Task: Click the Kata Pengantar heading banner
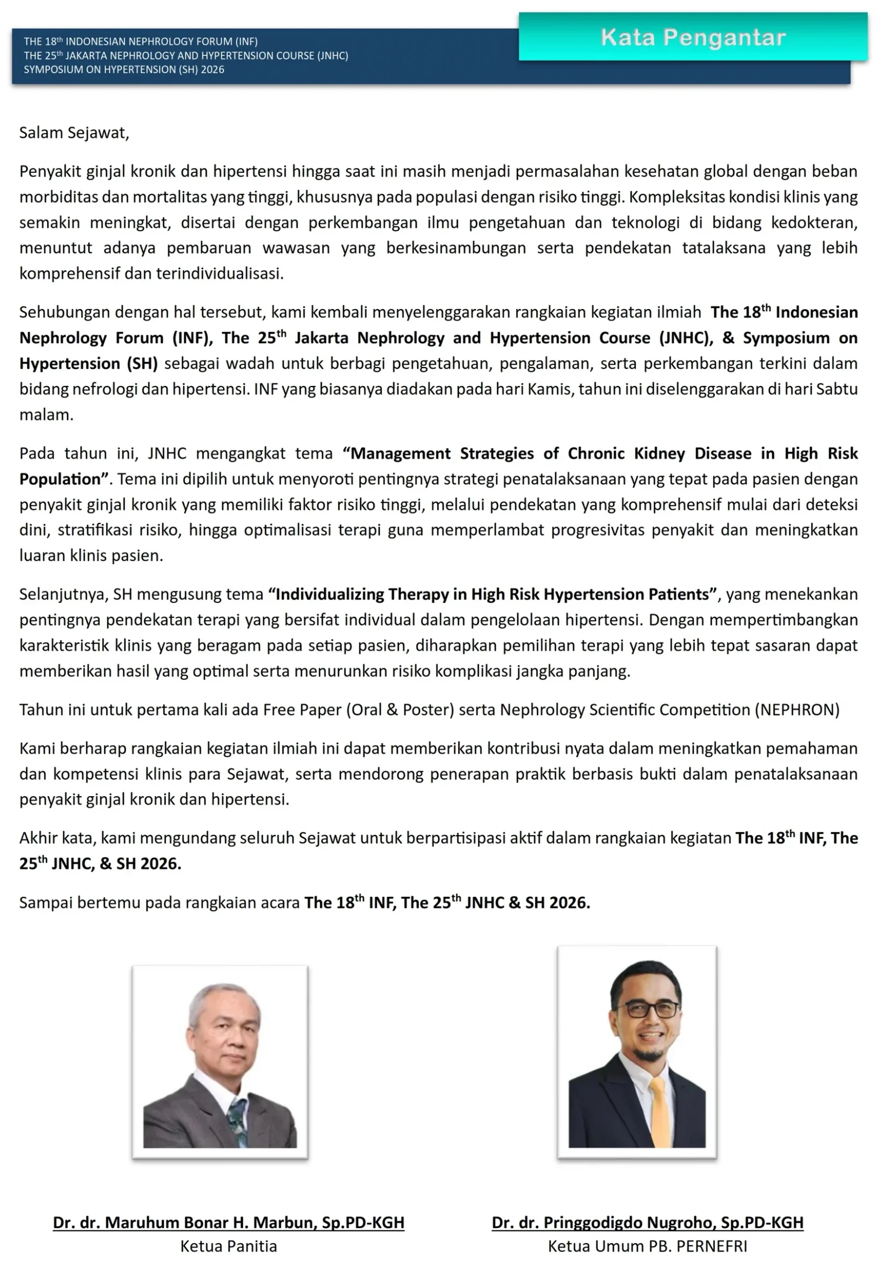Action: pyautogui.click(x=693, y=37)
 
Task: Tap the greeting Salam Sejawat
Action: pyautogui.click(x=74, y=133)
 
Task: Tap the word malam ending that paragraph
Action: pyautogui.click(x=46, y=415)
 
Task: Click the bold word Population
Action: pyautogui.click(x=60, y=479)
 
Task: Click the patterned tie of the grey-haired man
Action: pyautogui.click(x=238, y=1115)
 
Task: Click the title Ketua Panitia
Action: pyautogui.click(x=228, y=1247)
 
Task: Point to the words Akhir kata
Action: pyautogui.click(x=56, y=838)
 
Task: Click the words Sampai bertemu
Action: pyautogui.click(x=80, y=903)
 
